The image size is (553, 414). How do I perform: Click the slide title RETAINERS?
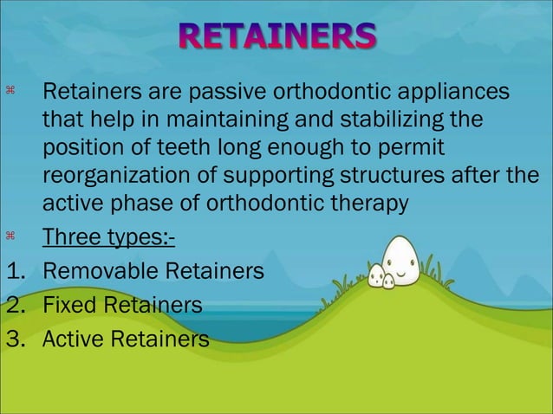tap(277, 37)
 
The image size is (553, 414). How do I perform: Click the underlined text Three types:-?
tap(108, 238)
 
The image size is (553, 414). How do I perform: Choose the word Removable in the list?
tap(97, 272)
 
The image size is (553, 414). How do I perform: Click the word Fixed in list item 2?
tap(72, 305)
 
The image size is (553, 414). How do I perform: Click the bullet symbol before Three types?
tap(11, 236)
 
